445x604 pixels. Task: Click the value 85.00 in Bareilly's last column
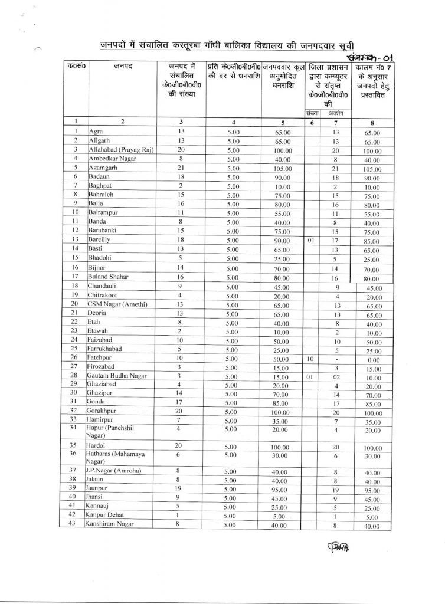click(372, 241)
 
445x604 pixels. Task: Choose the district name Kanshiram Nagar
click(112, 524)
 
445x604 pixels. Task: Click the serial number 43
click(76, 524)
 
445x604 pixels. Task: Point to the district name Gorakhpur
click(104, 411)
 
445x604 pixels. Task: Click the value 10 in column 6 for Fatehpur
click(310, 358)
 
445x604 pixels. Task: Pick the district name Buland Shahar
click(109, 276)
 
